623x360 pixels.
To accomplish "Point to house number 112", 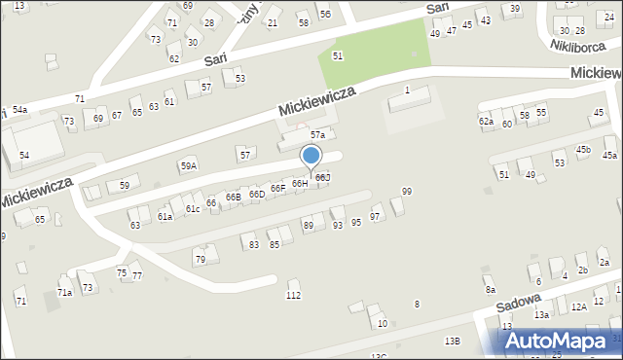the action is [293, 295].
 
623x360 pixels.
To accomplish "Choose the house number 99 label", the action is [406, 192].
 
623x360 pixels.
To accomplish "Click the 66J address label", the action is [322, 177].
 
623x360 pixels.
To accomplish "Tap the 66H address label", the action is [300, 183].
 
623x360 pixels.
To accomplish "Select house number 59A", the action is [188, 165].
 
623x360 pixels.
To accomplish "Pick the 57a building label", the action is [317, 134].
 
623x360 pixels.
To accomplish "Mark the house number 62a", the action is [486, 122].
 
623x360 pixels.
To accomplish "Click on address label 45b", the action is [583, 149].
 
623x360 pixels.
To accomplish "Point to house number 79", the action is [200, 259].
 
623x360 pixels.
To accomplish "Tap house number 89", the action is [309, 226].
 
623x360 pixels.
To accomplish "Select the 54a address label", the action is [19, 110].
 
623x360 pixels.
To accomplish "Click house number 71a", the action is [64, 292].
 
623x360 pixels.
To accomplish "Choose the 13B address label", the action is [452, 341].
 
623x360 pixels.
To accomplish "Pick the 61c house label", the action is [193, 209].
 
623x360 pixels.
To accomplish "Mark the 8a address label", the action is [491, 290].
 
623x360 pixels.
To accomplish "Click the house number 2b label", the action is [582, 270].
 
